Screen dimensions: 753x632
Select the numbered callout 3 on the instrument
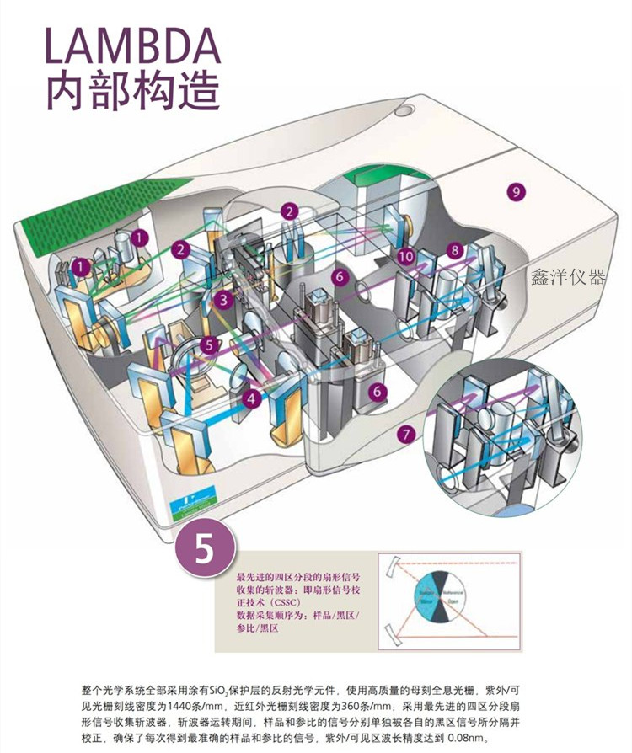point(222,299)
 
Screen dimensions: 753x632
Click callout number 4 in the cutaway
point(251,398)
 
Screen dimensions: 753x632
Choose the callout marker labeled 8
point(455,250)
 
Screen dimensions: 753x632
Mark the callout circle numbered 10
point(406,254)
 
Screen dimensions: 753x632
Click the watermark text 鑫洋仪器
point(568,277)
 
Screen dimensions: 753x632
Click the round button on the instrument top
point(406,109)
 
